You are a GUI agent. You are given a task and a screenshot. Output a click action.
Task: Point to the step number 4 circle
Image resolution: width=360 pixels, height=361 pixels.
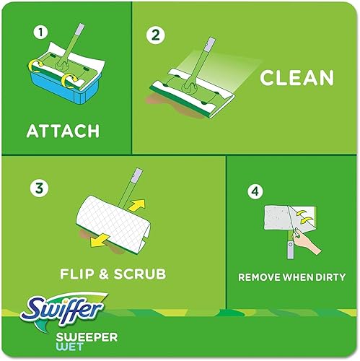point(253,191)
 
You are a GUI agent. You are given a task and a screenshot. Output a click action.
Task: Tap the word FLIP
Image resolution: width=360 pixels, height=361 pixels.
point(79,274)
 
